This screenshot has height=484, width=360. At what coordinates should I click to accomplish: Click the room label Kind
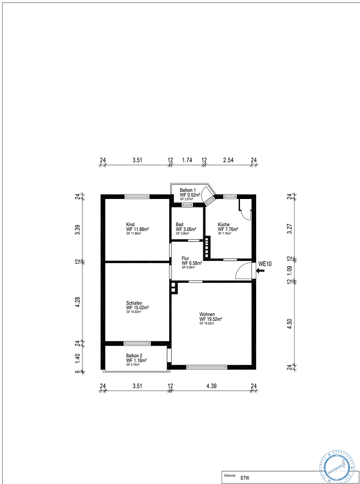130,225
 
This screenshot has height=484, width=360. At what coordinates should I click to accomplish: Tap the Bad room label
179,225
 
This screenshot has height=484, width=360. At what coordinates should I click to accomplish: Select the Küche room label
223,225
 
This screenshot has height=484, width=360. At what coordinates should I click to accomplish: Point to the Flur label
185,258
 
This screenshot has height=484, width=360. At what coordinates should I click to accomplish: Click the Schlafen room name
135,303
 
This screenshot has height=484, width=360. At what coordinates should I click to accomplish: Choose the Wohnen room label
207,314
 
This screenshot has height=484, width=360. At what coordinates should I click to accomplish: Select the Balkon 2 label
134,355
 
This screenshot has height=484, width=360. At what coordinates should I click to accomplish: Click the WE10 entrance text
265,264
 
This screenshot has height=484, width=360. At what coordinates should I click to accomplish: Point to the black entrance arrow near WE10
261,271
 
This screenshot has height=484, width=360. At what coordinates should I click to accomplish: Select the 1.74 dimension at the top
187,160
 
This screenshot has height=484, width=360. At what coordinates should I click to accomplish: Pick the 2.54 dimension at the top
228,160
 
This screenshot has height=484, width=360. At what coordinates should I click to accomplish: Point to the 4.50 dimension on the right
290,324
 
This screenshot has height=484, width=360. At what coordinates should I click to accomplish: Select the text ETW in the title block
245,478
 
